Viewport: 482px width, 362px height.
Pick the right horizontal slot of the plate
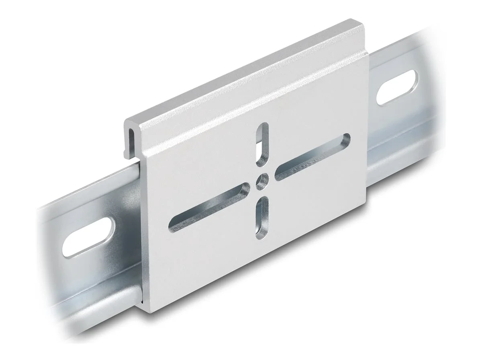312,157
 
